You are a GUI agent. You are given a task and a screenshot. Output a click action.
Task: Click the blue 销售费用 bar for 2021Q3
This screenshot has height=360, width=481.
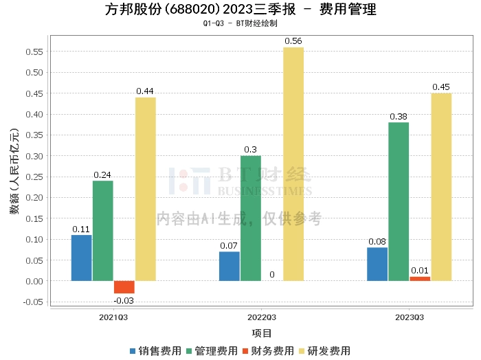point(81,258)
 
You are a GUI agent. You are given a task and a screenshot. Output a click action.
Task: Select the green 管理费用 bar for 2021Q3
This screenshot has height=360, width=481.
point(102,230)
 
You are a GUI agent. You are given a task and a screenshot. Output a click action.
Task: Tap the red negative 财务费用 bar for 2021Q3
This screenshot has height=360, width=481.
point(124,287)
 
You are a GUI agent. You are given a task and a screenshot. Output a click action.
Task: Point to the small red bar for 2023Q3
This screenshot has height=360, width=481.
point(420,278)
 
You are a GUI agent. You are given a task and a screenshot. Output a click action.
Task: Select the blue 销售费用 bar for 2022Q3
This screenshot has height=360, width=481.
point(230,266)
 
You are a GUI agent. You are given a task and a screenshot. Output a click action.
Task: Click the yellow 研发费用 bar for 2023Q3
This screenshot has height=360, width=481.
point(441,187)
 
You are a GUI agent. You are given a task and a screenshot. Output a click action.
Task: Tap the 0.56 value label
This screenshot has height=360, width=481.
point(293,41)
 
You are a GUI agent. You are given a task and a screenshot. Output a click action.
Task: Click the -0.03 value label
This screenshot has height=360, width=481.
point(124,300)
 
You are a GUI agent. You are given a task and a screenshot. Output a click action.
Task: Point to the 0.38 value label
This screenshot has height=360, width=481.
point(399,117)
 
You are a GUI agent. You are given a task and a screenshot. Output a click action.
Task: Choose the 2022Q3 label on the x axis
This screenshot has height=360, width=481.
point(261,317)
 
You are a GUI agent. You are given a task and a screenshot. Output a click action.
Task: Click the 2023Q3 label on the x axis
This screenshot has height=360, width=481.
point(410,317)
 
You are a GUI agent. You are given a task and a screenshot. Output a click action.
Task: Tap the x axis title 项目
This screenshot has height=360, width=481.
point(261,333)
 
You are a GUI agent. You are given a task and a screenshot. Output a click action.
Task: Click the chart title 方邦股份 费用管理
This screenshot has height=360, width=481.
point(240,10)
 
